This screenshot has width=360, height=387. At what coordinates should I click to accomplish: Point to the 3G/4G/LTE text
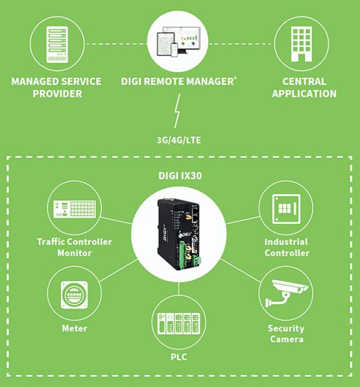[180, 139]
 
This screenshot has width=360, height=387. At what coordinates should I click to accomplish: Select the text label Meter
[74, 329]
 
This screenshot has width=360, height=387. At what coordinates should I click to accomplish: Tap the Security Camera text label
[286, 333]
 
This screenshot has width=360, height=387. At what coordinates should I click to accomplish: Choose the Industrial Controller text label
[287, 247]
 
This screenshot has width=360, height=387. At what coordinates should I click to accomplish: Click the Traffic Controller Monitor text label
[74, 247]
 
